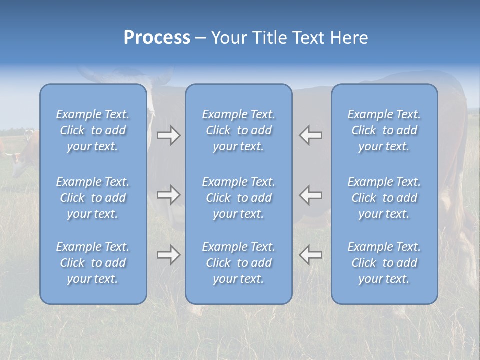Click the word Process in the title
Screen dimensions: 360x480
[x=157, y=38]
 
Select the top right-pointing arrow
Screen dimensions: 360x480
[x=168, y=135]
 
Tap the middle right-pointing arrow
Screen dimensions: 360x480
[x=168, y=195]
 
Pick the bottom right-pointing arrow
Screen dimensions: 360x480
[x=168, y=255]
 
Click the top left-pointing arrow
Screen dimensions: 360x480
[x=311, y=135]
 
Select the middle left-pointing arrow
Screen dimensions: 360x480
[x=311, y=195]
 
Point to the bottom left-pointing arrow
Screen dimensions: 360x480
[x=311, y=255]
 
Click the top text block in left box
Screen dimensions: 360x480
[x=93, y=130]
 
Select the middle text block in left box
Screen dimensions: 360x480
[x=93, y=198]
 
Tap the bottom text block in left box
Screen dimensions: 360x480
[x=93, y=263]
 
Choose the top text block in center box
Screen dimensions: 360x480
[x=239, y=130]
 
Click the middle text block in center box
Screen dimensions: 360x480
[x=239, y=198]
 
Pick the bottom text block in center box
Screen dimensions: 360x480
[x=239, y=263]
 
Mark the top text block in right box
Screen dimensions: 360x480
[x=384, y=130]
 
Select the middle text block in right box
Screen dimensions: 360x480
[x=384, y=198]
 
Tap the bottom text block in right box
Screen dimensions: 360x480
[x=384, y=263]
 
